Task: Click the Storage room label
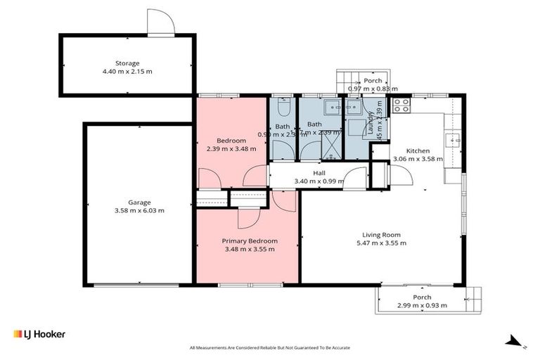(x=128, y=62)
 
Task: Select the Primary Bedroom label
(x=250, y=239)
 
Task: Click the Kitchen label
(x=418, y=150)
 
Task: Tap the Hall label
(x=319, y=172)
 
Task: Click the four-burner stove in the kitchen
(x=401, y=105)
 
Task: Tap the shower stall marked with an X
(x=330, y=146)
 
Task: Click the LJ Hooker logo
(x=39, y=334)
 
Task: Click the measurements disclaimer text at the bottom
(x=270, y=347)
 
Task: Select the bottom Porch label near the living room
(x=422, y=297)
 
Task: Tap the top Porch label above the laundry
(x=373, y=81)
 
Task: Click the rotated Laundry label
(x=370, y=124)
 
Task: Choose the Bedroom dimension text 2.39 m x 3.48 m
(x=231, y=148)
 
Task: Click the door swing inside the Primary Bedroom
(x=247, y=219)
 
